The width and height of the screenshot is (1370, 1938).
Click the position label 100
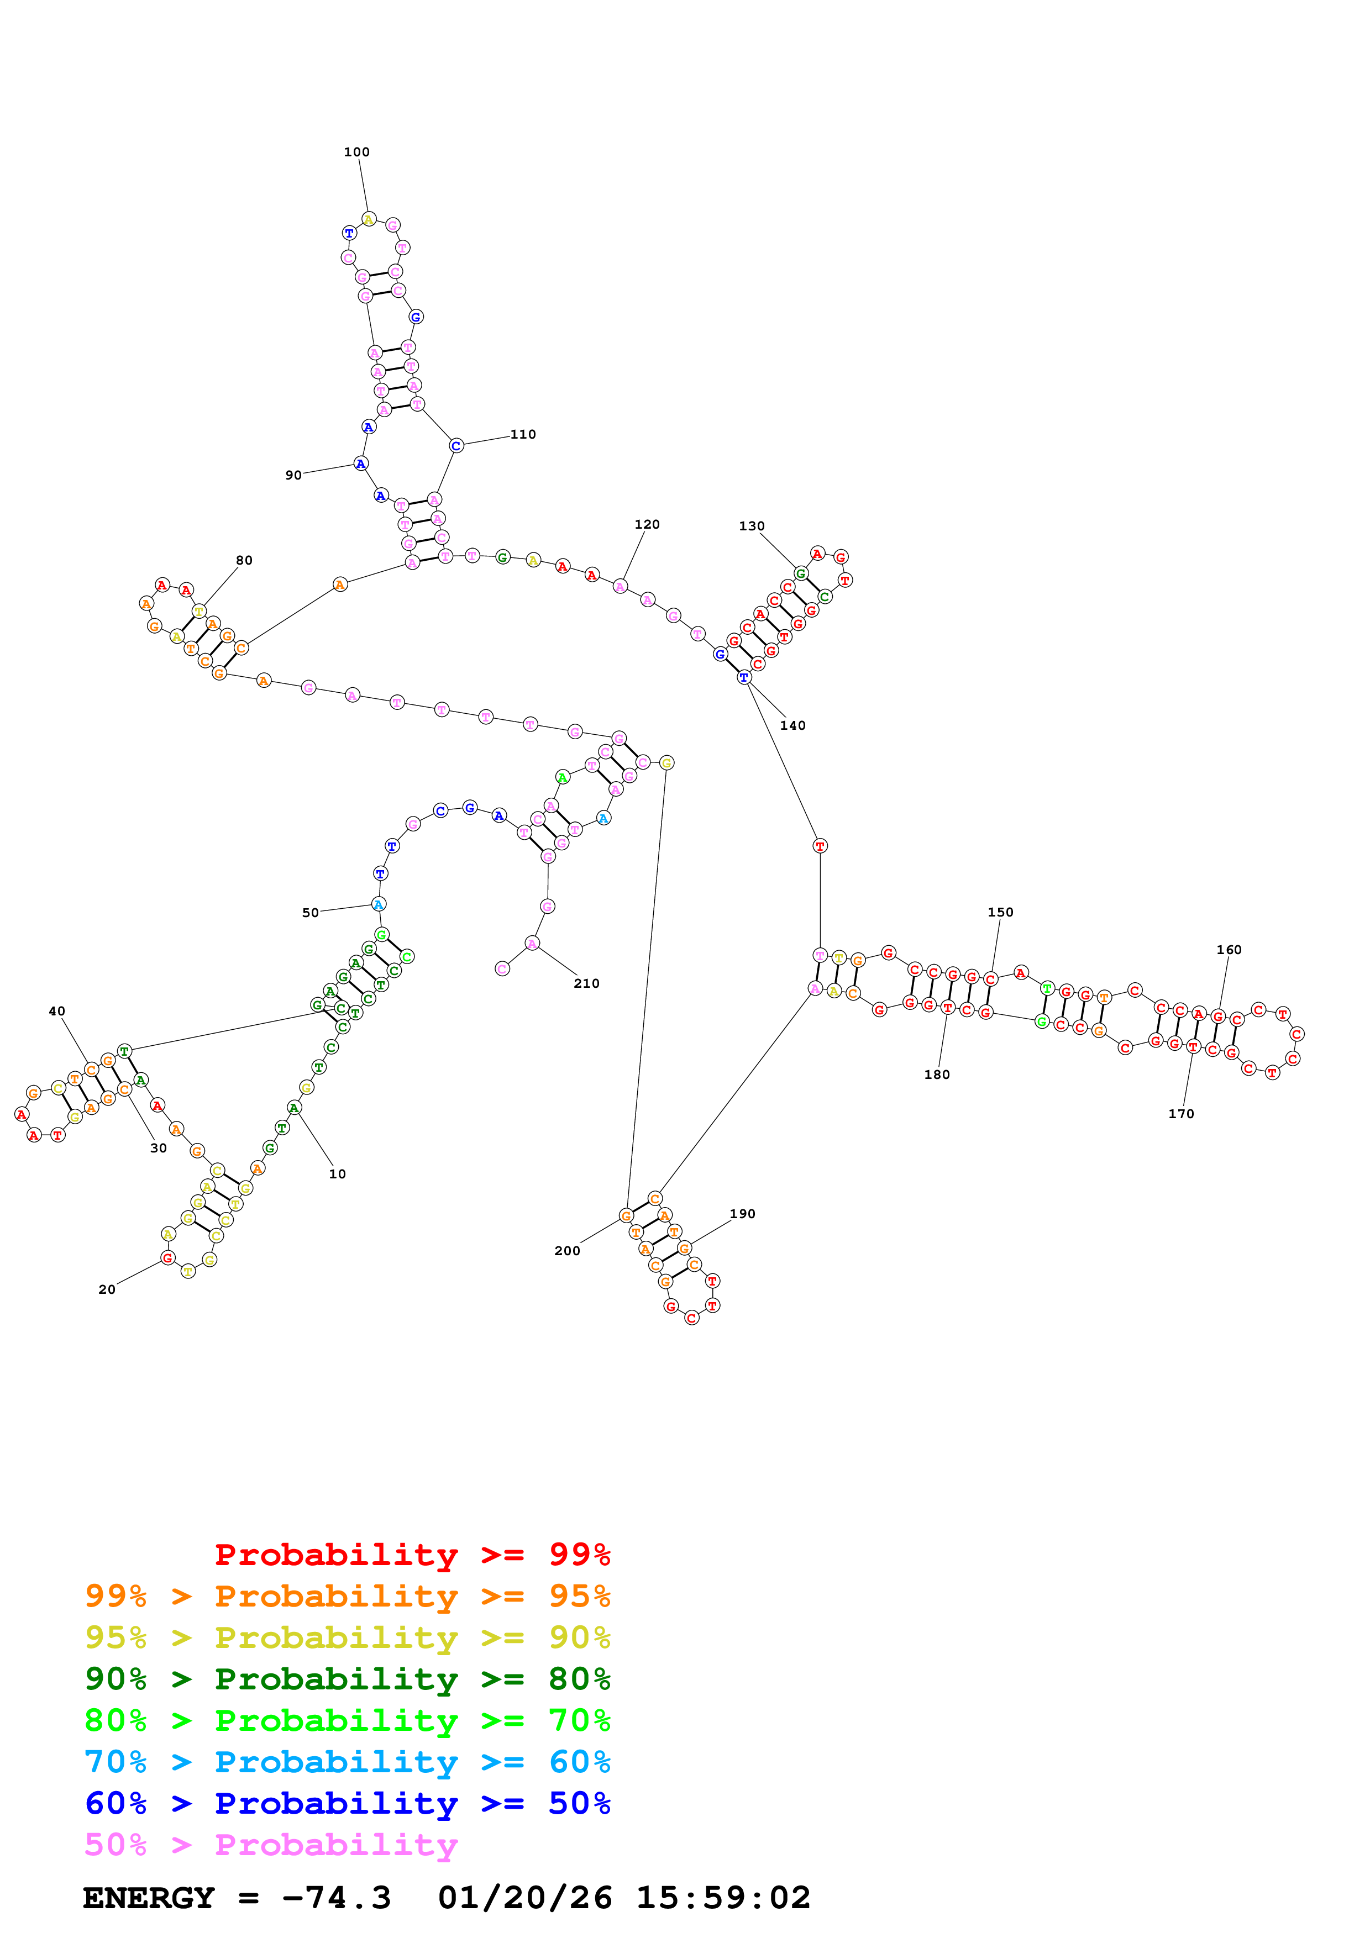356,152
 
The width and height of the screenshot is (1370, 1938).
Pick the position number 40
56,1010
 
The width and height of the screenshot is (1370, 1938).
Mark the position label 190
742,1213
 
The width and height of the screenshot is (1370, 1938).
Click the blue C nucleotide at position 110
456,446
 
